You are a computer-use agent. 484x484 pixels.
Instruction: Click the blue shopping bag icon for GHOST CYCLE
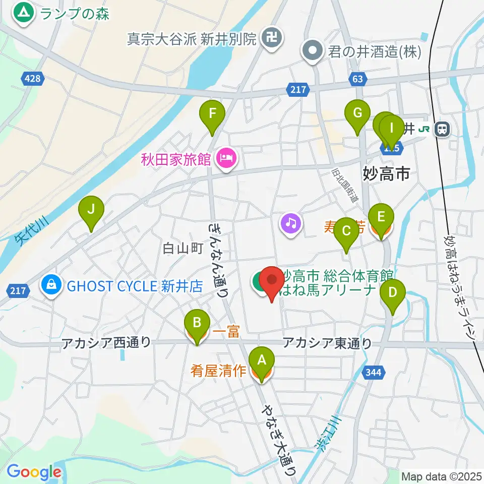point(52,286)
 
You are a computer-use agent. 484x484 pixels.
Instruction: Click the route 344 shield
point(374,372)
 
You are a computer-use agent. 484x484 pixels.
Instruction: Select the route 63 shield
point(357,79)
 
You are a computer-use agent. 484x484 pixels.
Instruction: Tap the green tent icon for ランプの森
point(23,13)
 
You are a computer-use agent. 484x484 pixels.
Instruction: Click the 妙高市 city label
point(386,174)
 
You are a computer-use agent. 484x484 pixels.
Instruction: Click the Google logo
point(34,472)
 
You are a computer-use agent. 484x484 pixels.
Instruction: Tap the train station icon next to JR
point(443,129)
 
